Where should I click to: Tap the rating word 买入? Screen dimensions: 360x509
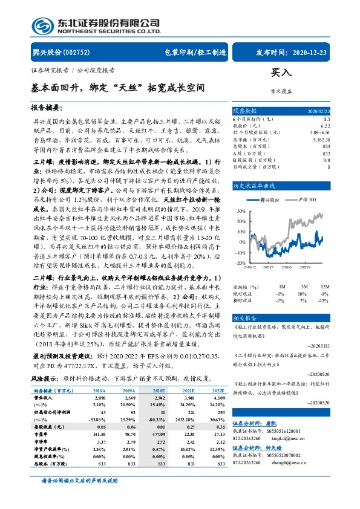coord(281,72)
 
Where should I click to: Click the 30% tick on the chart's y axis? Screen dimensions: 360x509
coord(241,211)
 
